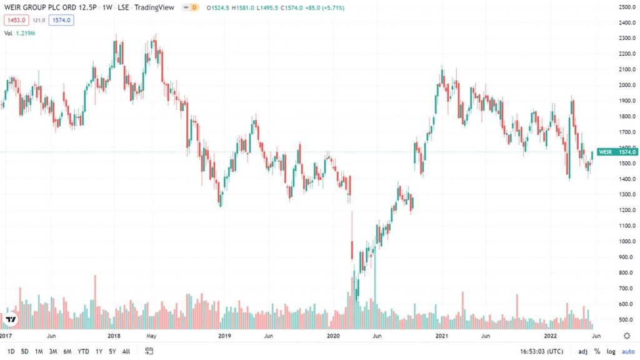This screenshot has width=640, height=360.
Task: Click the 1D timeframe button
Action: (11, 351)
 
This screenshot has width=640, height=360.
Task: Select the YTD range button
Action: (83, 351)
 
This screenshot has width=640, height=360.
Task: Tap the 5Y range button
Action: (112, 351)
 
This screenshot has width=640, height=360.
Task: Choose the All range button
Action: (126, 351)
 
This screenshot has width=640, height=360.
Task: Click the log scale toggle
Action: (611, 351)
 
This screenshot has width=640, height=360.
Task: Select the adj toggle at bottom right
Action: (583, 351)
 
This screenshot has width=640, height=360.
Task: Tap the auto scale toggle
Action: (628, 351)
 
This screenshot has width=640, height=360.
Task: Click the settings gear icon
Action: (627, 336)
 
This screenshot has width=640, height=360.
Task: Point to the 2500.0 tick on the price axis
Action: (627, 7)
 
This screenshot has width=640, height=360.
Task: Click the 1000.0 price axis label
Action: (627, 241)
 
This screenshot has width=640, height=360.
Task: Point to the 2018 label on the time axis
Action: (114, 336)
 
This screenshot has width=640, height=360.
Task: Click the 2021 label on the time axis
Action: (442, 336)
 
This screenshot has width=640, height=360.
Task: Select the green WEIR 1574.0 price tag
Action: (617, 152)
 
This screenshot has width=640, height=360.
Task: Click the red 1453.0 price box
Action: (16, 20)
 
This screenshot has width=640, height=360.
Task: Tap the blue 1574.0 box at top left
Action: (61, 20)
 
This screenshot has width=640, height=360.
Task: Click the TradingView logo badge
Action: (11, 319)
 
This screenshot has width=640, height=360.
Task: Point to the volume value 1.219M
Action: (25, 34)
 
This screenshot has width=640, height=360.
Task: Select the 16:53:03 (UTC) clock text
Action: (542, 351)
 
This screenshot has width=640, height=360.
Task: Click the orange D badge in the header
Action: (194, 7)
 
